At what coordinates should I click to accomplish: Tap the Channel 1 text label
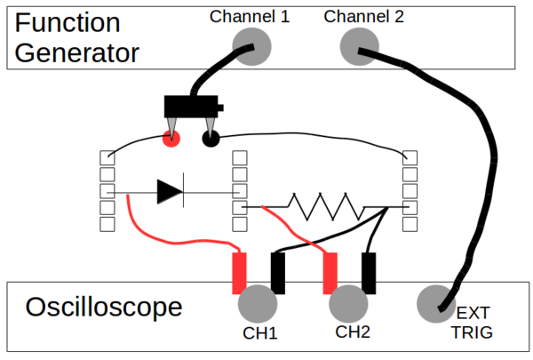coord(250,16)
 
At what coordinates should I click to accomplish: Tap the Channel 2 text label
coord(364,16)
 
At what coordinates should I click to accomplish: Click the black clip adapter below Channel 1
coord(191,107)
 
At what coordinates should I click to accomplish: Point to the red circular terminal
coord(171,138)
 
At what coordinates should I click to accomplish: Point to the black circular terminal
coord(211,138)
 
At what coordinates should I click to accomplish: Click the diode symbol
coord(170,191)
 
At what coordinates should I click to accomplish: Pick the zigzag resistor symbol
coord(326,208)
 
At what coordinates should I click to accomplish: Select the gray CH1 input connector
coord(258,303)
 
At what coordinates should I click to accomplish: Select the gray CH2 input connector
coord(349,303)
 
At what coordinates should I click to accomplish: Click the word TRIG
coord(471,332)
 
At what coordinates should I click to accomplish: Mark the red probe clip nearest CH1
coord(239,273)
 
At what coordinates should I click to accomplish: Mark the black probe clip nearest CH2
coord(369,273)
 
